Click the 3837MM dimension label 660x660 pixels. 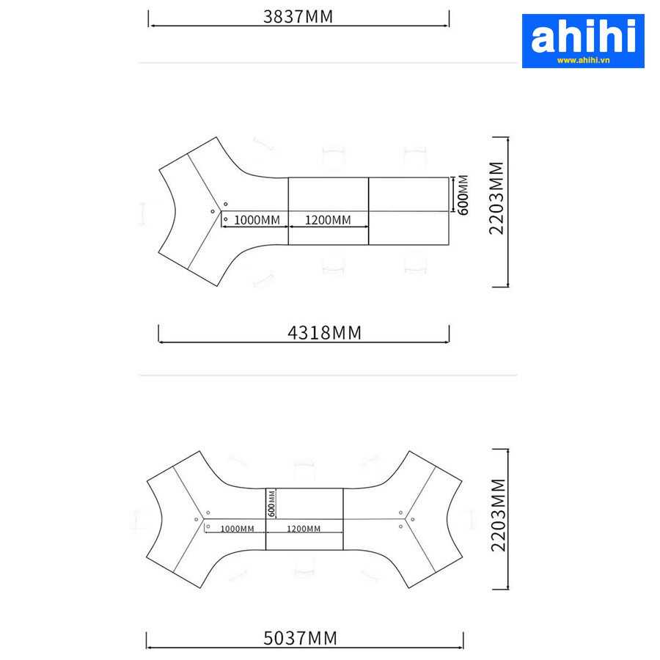(x=298, y=17)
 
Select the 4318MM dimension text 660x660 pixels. (x=324, y=333)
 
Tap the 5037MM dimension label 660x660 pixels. (x=300, y=638)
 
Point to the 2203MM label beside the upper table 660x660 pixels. (x=496, y=198)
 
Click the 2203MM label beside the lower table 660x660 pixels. (x=499, y=515)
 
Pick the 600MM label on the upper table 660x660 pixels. (x=463, y=195)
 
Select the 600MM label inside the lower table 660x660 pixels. (x=271, y=503)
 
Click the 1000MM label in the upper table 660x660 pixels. (x=257, y=220)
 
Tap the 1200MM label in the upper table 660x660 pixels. (x=328, y=220)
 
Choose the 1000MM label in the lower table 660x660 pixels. (x=237, y=529)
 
